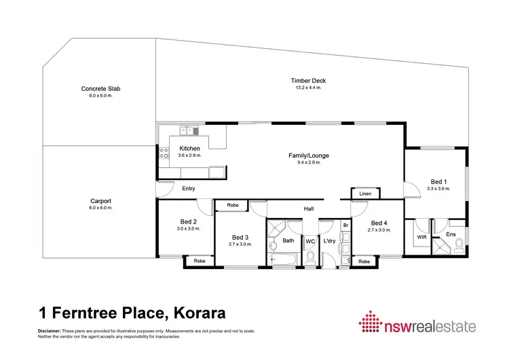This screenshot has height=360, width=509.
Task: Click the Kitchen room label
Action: pyautogui.click(x=189, y=149)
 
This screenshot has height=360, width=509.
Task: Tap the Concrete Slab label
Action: pyautogui.click(x=100, y=89)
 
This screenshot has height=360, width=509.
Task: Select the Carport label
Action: pyautogui.click(x=100, y=201)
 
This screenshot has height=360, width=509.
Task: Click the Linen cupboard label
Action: pyautogui.click(x=365, y=194)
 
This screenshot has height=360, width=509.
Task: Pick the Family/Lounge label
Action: pyautogui.click(x=304, y=156)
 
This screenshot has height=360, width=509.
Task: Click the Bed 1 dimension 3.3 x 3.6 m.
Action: pyautogui.click(x=439, y=189)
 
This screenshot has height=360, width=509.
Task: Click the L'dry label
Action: pyautogui.click(x=330, y=241)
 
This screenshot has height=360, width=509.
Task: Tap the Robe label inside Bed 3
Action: pyautogui.click(x=232, y=204)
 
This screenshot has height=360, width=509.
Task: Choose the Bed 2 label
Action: pyautogui.click(x=188, y=221)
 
